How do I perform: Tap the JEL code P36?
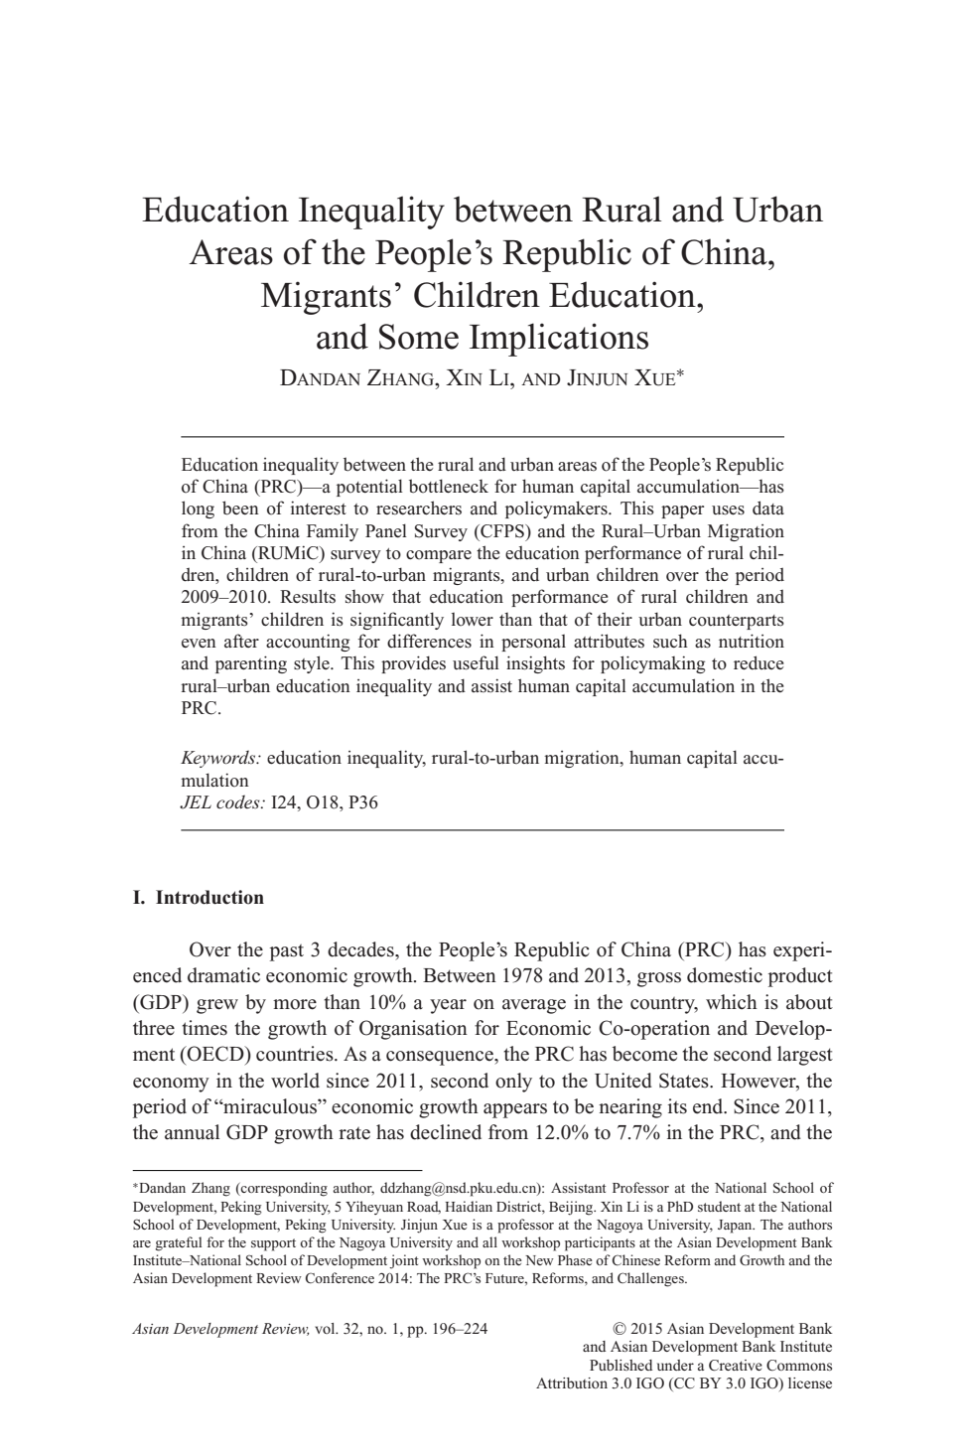click(363, 802)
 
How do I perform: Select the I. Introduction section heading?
click(199, 898)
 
